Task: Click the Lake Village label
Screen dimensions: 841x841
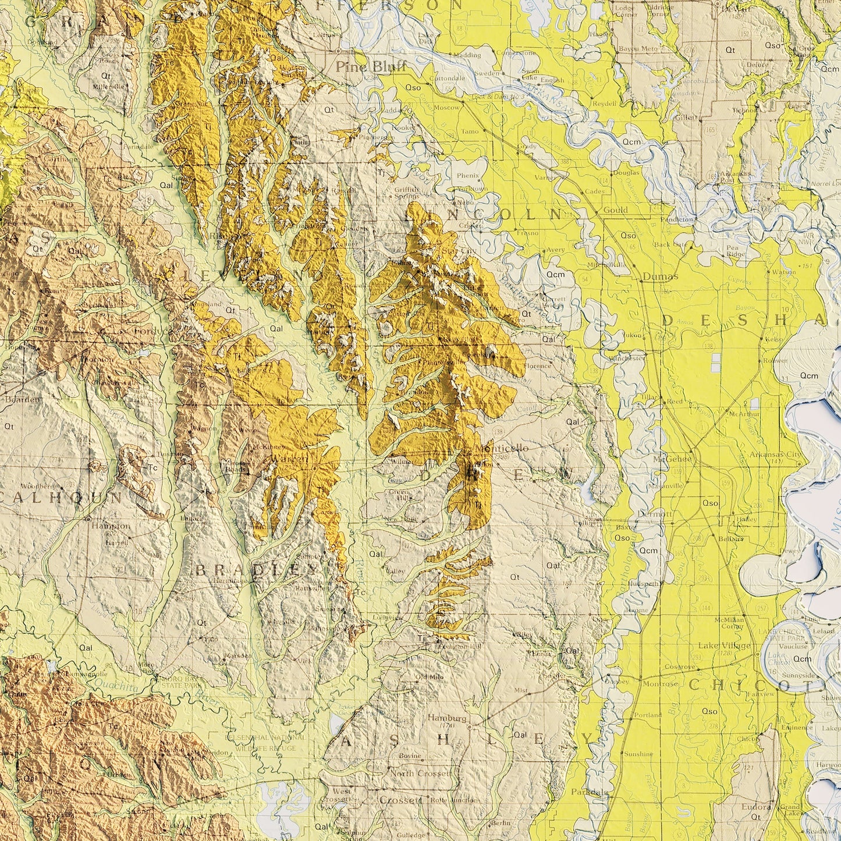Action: pos(724,645)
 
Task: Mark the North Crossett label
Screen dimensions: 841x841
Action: pos(421,773)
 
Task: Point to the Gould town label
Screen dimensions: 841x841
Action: pos(615,210)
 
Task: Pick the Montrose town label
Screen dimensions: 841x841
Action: pos(660,684)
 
